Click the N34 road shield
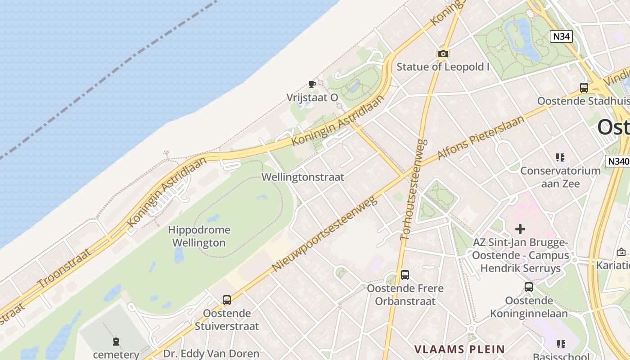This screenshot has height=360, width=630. pyautogui.click(x=561, y=36)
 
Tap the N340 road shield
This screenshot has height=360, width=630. pyautogui.click(x=617, y=161)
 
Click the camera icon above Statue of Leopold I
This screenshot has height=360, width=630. pyautogui.click(x=443, y=54)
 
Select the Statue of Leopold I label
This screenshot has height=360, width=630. pyautogui.click(x=443, y=67)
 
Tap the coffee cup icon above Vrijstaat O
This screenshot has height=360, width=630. pyautogui.click(x=312, y=84)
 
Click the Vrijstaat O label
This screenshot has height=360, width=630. pyautogui.click(x=312, y=97)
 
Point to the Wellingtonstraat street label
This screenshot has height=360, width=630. pyautogui.click(x=303, y=177)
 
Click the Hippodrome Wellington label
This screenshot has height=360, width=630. pyautogui.click(x=199, y=236)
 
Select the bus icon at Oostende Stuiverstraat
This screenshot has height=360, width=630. pyautogui.click(x=226, y=300)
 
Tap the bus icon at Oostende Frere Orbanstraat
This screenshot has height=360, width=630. pyautogui.click(x=405, y=275)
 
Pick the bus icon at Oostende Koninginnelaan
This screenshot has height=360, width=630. pyautogui.click(x=528, y=287)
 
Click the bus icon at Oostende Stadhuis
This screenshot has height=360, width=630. pyautogui.click(x=584, y=88)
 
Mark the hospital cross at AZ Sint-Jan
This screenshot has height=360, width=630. pyautogui.click(x=520, y=229)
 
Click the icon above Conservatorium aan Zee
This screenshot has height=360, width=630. pyautogui.click(x=560, y=157)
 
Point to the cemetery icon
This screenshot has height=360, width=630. pyautogui.click(x=116, y=342)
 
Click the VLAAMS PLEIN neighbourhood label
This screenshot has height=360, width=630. pyautogui.click(x=459, y=349)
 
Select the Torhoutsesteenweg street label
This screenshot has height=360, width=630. pyautogui.click(x=414, y=189)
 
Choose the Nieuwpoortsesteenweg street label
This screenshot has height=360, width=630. pyautogui.click(x=324, y=234)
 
